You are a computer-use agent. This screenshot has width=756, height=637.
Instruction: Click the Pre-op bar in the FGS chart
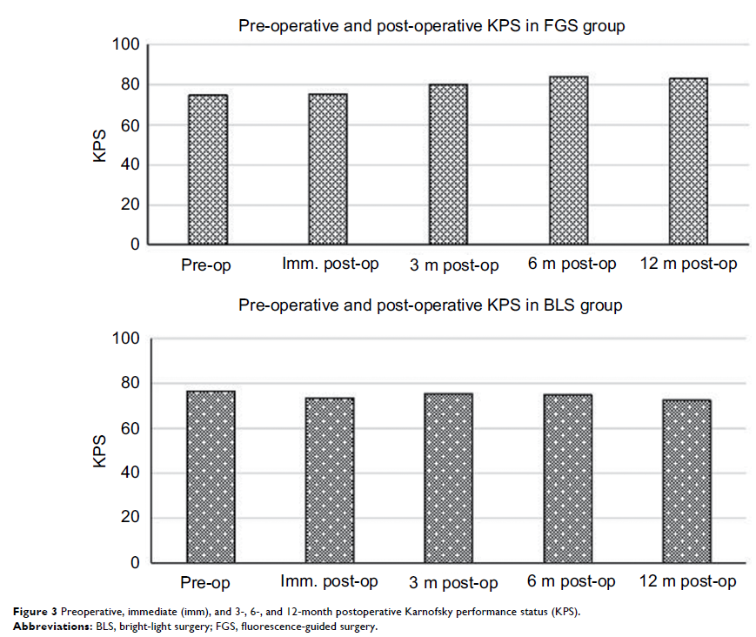[x=207, y=170]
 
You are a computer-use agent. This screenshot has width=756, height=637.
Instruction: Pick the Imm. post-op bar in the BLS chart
[x=329, y=480]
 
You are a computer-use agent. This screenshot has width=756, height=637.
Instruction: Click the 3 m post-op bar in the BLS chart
[x=448, y=479]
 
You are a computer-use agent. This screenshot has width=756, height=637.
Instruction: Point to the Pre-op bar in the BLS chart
[x=211, y=477]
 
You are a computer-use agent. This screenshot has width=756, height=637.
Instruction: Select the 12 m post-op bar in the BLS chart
[x=687, y=481]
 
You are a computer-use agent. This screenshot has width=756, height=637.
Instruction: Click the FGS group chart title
[x=432, y=26]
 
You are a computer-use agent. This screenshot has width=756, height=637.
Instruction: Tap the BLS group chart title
[x=431, y=305]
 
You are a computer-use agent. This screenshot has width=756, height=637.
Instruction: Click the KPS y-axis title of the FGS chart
[x=101, y=145]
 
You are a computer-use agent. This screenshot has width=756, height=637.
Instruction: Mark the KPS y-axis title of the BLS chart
[x=101, y=452]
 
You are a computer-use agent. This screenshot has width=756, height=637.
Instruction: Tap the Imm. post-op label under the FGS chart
[x=330, y=263]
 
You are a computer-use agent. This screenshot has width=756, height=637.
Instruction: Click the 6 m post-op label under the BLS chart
[x=572, y=580]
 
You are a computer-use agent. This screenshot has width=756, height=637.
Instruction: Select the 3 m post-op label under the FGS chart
[x=454, y=265]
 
